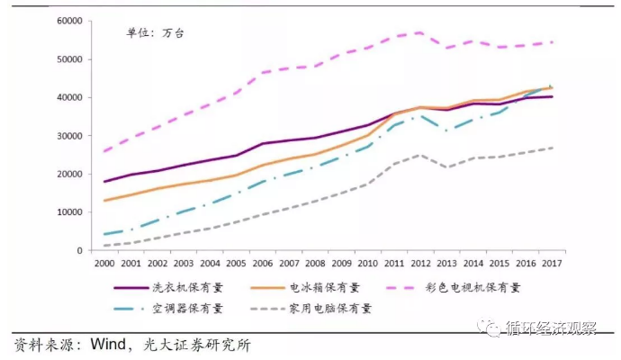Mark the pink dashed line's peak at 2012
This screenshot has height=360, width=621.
420,32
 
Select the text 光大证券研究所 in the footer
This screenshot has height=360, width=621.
206,346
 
